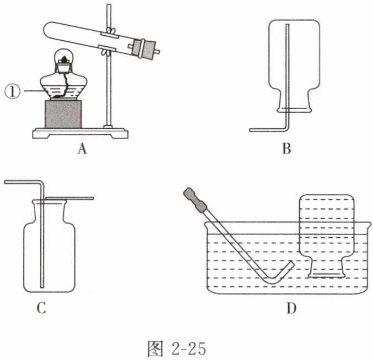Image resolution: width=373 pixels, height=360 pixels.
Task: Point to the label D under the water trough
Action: [291, 309]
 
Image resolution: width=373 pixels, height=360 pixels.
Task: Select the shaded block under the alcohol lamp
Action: [63, 114]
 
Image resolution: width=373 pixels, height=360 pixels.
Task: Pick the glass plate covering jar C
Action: [69, 198]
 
